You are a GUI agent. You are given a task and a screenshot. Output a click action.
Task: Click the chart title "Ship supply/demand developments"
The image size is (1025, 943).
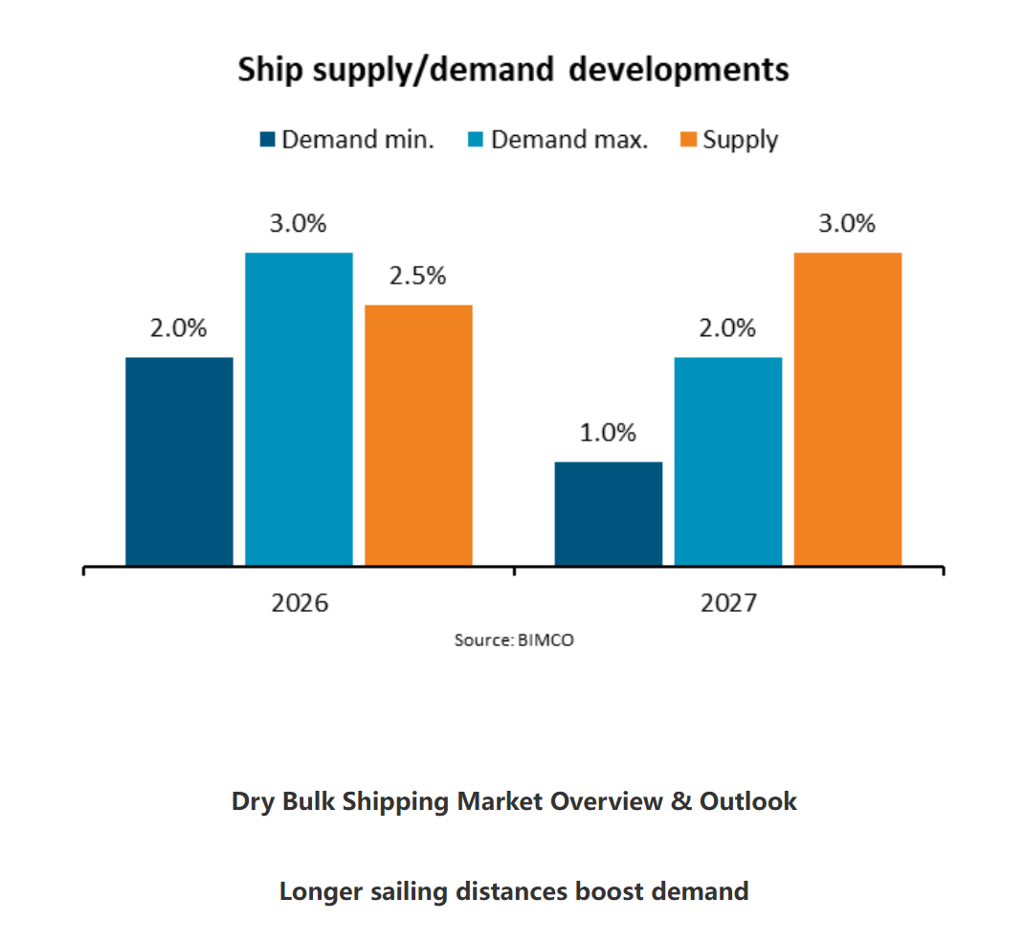[513, 70]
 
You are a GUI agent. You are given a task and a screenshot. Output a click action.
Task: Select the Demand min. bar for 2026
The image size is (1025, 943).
[179, 460]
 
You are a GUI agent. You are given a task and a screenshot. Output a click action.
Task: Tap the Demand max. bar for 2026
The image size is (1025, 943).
[299, 409]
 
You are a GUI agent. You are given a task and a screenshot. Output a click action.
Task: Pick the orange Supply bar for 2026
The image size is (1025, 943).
[418, 435]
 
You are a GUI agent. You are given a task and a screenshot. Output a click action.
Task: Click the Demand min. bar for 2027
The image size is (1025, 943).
[609, 513]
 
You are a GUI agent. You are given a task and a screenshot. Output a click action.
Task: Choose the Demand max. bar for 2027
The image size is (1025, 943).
[728, 460]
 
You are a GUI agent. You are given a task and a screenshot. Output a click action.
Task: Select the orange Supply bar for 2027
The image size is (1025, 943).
[848, 409]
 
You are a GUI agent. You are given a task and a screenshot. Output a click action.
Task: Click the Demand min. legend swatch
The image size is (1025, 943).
[267, 140]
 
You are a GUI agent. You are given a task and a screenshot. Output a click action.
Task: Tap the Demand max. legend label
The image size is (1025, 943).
[569, 140]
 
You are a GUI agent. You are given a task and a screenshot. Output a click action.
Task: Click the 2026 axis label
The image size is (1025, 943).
[299, 604]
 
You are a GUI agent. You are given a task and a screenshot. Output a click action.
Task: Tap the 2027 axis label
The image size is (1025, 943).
[728, 604]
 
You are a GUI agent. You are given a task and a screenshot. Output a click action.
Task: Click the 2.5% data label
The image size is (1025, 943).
[418, 276]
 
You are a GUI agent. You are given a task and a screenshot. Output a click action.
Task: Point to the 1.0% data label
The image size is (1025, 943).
[609, 433]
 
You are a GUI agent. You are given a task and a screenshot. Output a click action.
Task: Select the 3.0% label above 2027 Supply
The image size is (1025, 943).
[848, 224]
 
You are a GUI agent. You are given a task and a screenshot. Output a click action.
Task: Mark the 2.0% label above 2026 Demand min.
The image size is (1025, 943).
[179, 328]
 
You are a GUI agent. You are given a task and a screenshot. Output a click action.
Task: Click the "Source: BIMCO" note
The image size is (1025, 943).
[514, 640]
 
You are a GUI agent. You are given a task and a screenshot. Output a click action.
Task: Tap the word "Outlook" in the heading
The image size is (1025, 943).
[747, 801]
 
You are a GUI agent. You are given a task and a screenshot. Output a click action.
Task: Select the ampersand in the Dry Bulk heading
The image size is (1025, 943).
[681, 801]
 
